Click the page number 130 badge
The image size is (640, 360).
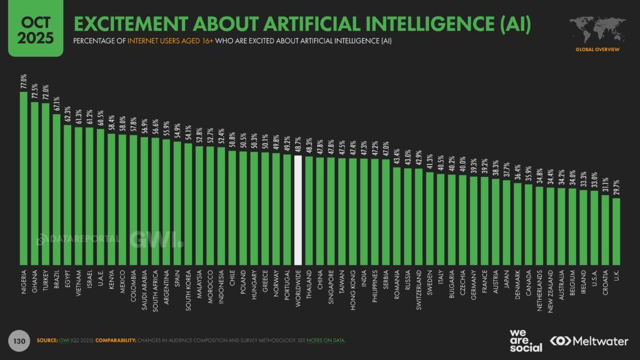tap(19, 341)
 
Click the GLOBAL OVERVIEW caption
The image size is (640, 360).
tap(597, 49)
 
